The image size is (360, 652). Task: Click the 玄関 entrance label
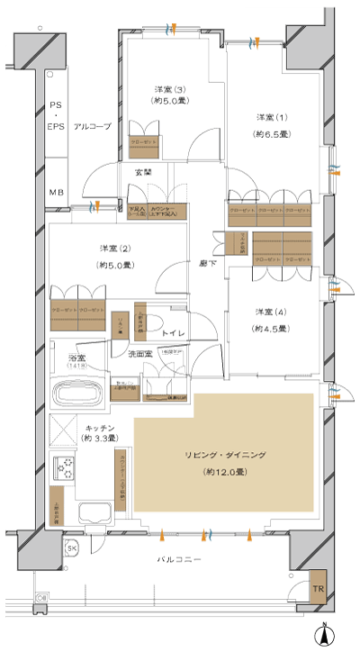(x=143, y=171)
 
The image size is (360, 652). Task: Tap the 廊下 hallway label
(x=205, y=263)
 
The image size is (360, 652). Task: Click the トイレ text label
(x=174, y=334)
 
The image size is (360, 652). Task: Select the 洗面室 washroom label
(x=139, y=353)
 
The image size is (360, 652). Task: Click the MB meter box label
(x=56, y=193)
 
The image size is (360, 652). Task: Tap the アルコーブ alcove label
(x=93, y=128)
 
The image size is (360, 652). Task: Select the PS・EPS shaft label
(x=56, y=117)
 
